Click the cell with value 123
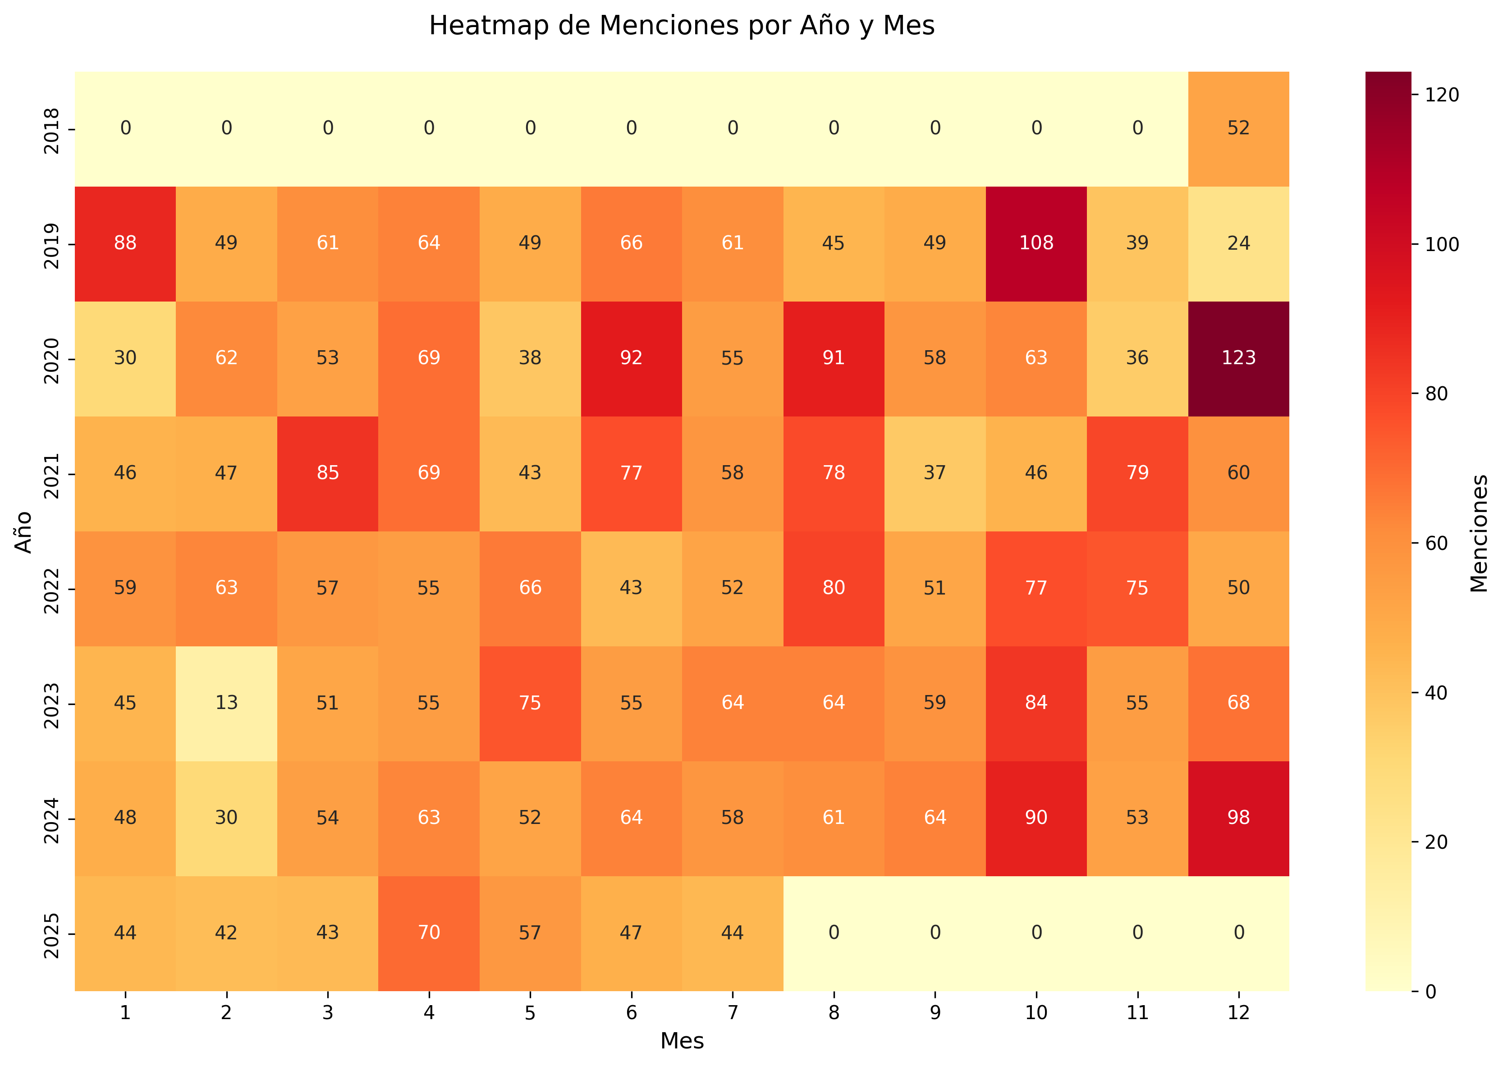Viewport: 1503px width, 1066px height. point(1238,358)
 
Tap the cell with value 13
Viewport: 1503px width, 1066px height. point(226,703)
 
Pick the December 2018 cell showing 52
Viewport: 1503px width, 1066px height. point(1238,128)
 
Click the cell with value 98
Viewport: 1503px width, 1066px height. point(1238,818)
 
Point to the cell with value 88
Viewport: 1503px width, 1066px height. point(125,243)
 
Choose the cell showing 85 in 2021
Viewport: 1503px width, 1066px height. point(327,473)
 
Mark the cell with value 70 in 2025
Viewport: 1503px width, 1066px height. point(429,933)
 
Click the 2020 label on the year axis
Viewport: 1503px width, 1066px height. point(52,360)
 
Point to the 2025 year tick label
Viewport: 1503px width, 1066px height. point(52,934)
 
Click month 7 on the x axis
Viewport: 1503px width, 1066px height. point(733,1013)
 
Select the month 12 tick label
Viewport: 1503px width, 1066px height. point(1238,1013)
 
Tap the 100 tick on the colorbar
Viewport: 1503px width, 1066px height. point(1441,245)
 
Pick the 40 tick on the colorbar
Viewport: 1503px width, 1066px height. point(1436,693)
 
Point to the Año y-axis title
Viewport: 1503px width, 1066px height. point(23,532)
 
